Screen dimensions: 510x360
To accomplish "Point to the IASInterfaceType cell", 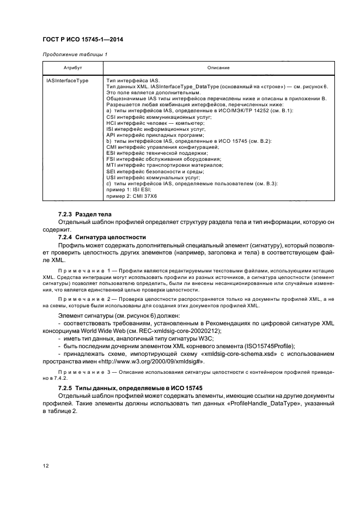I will click(68, 80).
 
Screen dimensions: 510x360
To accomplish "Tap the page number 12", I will click(45, 466).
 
